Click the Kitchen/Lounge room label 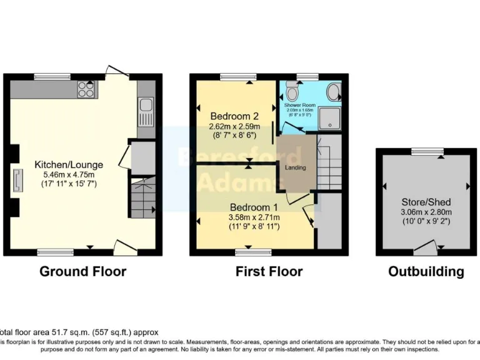69,165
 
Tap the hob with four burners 86,90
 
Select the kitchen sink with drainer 145,111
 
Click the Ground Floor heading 82,271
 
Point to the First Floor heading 269,271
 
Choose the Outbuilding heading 426,271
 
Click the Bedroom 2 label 234,116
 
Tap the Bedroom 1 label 254,207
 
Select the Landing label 296,168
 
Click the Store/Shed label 426,202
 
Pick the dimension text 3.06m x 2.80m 426,212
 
